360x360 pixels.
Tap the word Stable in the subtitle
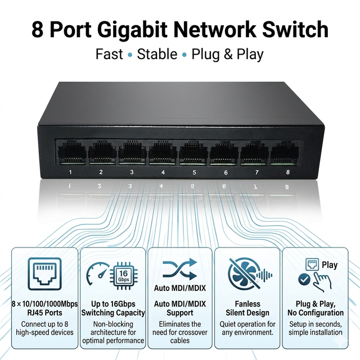point(157,54)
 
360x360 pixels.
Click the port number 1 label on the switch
point(70,172)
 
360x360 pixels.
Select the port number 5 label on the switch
point(194,172)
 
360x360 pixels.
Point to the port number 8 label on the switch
point(288,172)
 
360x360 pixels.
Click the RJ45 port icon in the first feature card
point(45,274)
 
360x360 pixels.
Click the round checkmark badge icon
point(304,280)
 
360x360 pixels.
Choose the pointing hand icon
point(322,281)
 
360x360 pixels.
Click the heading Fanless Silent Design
point(247,308)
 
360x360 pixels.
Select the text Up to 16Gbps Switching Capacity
point(113,308)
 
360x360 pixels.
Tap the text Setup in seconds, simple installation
point(316,328)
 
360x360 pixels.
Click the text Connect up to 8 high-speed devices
point(45,328)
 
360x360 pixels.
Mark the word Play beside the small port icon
point(330,265)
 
